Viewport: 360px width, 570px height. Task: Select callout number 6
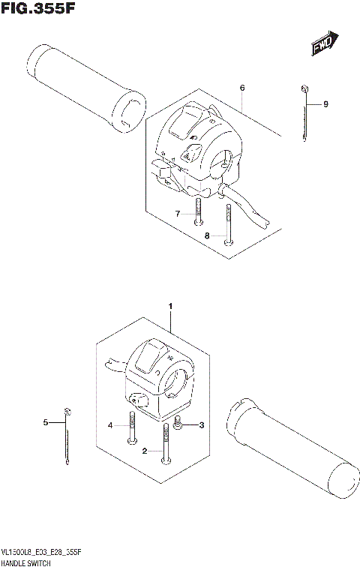click(x=242, y=88)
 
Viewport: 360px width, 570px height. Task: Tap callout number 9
click(x=326, y=104)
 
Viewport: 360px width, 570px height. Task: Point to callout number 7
click(x=178, y=214)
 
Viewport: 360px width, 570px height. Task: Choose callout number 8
click(x=207, y=235)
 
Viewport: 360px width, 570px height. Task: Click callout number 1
click(x=171, y=307)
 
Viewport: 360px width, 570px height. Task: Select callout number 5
click(x=45, y=423)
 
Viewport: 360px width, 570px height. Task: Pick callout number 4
click(x=109, y=425)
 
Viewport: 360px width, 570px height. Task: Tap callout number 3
click(x=199, y=426)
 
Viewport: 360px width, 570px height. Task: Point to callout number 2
click(x=145, y=451)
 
